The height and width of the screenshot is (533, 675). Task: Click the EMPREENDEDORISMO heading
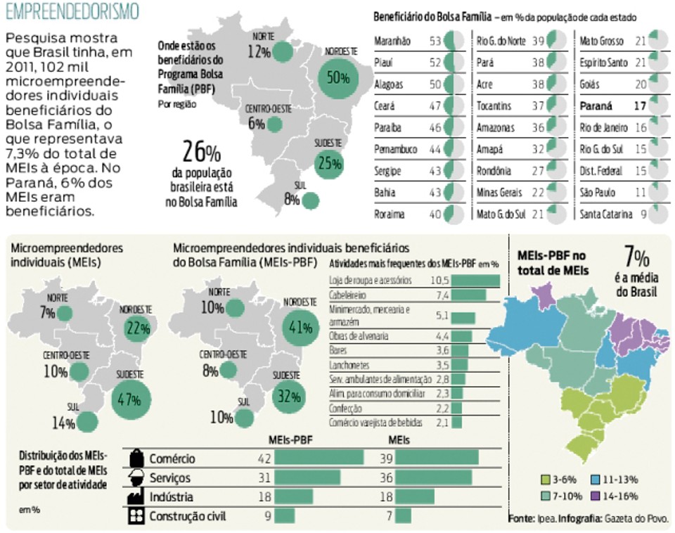(x=72, y=12)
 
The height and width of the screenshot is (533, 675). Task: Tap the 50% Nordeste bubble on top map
(x=338, y=78)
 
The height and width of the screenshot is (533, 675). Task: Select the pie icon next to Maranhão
(x=454, y=41)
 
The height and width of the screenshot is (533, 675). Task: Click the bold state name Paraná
(x=596, y=106)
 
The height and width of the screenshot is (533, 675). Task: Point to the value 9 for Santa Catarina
(x=643, y=214)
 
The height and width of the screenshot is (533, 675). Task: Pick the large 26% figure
(x=202, y=152)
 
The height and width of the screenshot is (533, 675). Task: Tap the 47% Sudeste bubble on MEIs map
(x=129, y=400)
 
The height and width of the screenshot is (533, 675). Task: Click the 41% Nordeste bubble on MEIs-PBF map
(x=300, y=328)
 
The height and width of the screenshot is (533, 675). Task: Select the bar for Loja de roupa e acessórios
(x=476, y=281)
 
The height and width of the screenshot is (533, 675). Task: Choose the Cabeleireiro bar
(x=469, y=295)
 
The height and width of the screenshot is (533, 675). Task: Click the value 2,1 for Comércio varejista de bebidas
(x=442, y=423)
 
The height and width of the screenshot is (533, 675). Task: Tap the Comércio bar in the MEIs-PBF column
(x=319, y=458)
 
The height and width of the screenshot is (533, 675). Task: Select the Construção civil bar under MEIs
(x=403, y=516)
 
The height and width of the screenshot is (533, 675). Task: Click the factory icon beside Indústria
(x=136, y=496)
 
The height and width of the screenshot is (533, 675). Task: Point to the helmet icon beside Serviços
(x=136, y=477)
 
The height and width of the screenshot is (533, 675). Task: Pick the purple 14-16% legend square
(x=595, y=496)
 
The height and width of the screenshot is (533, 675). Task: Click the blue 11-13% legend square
(x=595, y=480)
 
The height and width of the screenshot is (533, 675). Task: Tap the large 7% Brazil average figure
(x=637, y=257)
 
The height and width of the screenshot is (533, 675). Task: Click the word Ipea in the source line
(x=546, y=518)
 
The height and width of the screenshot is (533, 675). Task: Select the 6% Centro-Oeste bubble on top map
(x=275, y=124)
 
